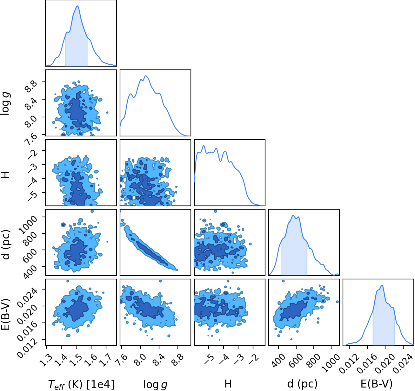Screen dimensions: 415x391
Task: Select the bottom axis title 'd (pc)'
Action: click(302, 383)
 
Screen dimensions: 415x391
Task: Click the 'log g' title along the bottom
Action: click(155, 384)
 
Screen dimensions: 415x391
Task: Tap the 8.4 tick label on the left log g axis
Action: click(31, 104)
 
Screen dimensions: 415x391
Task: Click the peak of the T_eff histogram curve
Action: click(77, 6)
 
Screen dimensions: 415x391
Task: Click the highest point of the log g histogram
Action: click(146, 76)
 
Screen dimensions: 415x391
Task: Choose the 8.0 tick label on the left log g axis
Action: click(31, 122)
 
